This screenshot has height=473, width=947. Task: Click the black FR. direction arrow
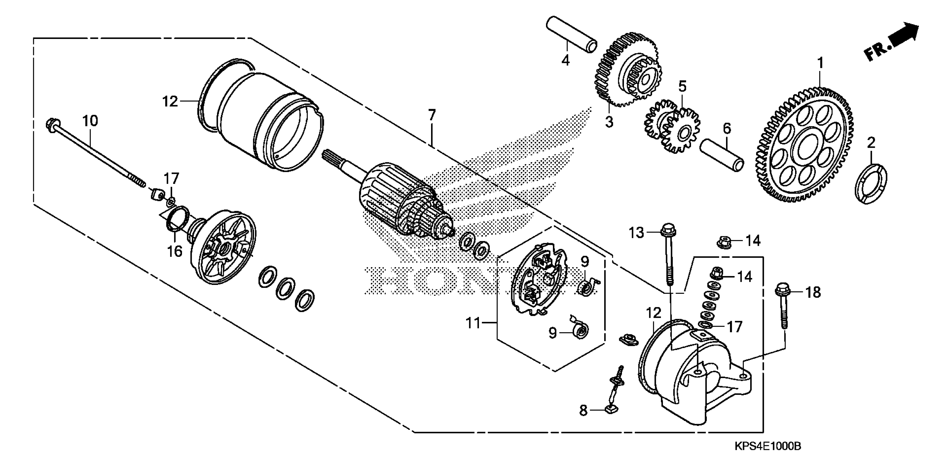pyautogui.click(x=904, y=37)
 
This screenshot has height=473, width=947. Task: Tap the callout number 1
pyautogui.click(x=820, y=63)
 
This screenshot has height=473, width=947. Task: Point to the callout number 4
pyautogui.click(x=565, y=60)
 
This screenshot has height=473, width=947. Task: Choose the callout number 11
pyautogui.click(x=474, y=323)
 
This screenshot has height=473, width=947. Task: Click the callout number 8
pyautogui.click(x=583, y=410)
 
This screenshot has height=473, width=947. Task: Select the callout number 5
pyautogui.click(x=682, y=87)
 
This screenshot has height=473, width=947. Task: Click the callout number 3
pyautogui.click(x=609, y=122)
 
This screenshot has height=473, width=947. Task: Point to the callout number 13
pyautogui.click(x=636, y=233)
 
